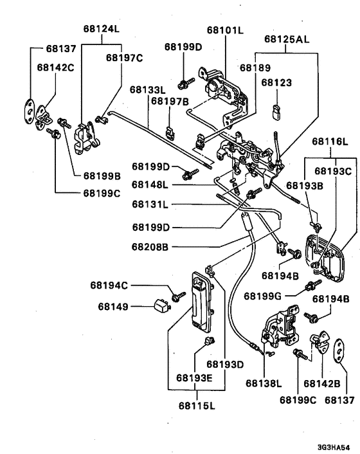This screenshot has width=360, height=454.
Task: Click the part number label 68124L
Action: (x=102, y=29)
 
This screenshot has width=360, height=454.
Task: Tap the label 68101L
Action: (x=225, y=30)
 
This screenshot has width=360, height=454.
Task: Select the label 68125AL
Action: (x=287, y=39)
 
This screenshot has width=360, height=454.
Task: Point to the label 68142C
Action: (x=55, y=68)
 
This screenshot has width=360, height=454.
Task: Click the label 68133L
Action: (x=148, y=89)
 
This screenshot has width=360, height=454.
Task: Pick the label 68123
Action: (x=276, y=82)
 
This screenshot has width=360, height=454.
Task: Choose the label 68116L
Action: (x=330, y=141)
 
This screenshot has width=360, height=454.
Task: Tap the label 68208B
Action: (x=150, y=247)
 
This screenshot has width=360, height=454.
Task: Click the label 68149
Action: (x=113, y=306)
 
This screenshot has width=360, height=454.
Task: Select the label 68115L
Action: (x=197, y=406)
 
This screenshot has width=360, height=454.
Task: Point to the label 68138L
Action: (x=264, y=383)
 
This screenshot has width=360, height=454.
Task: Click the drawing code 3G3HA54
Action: (x=334, y=447)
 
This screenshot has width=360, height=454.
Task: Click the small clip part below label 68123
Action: (x=276, y=111)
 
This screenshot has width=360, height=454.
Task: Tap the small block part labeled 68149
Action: (x=162, y=305)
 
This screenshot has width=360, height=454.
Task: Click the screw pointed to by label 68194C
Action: (x=178, y=296)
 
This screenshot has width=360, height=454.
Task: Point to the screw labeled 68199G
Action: (x=313, y=285)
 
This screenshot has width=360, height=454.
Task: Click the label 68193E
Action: (x=194, y=378)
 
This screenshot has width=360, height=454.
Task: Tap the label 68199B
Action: (x=102, y=176)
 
